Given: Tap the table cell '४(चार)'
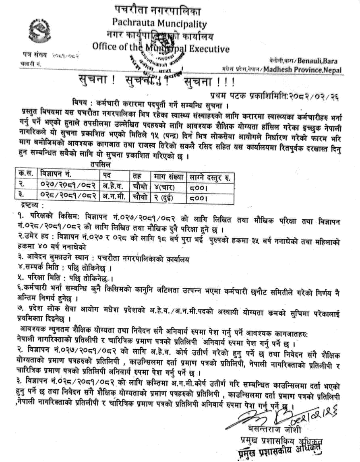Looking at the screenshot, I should pos(166,186).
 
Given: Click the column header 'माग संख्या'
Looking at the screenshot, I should pos(168,175).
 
